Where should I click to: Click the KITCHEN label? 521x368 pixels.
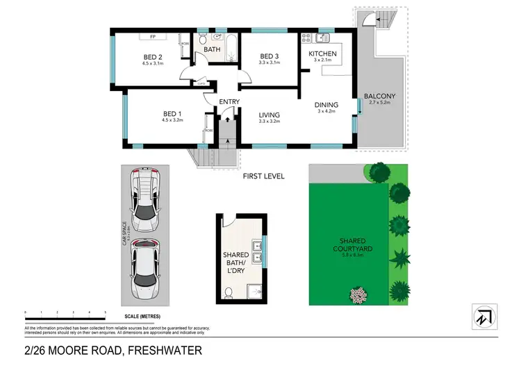(322, 53)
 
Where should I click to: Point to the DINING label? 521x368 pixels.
(326, 104)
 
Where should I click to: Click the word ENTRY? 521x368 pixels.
(229, 102)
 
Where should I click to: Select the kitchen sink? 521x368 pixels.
(323, 37)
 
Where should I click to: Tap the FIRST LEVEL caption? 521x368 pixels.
(263, 176)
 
